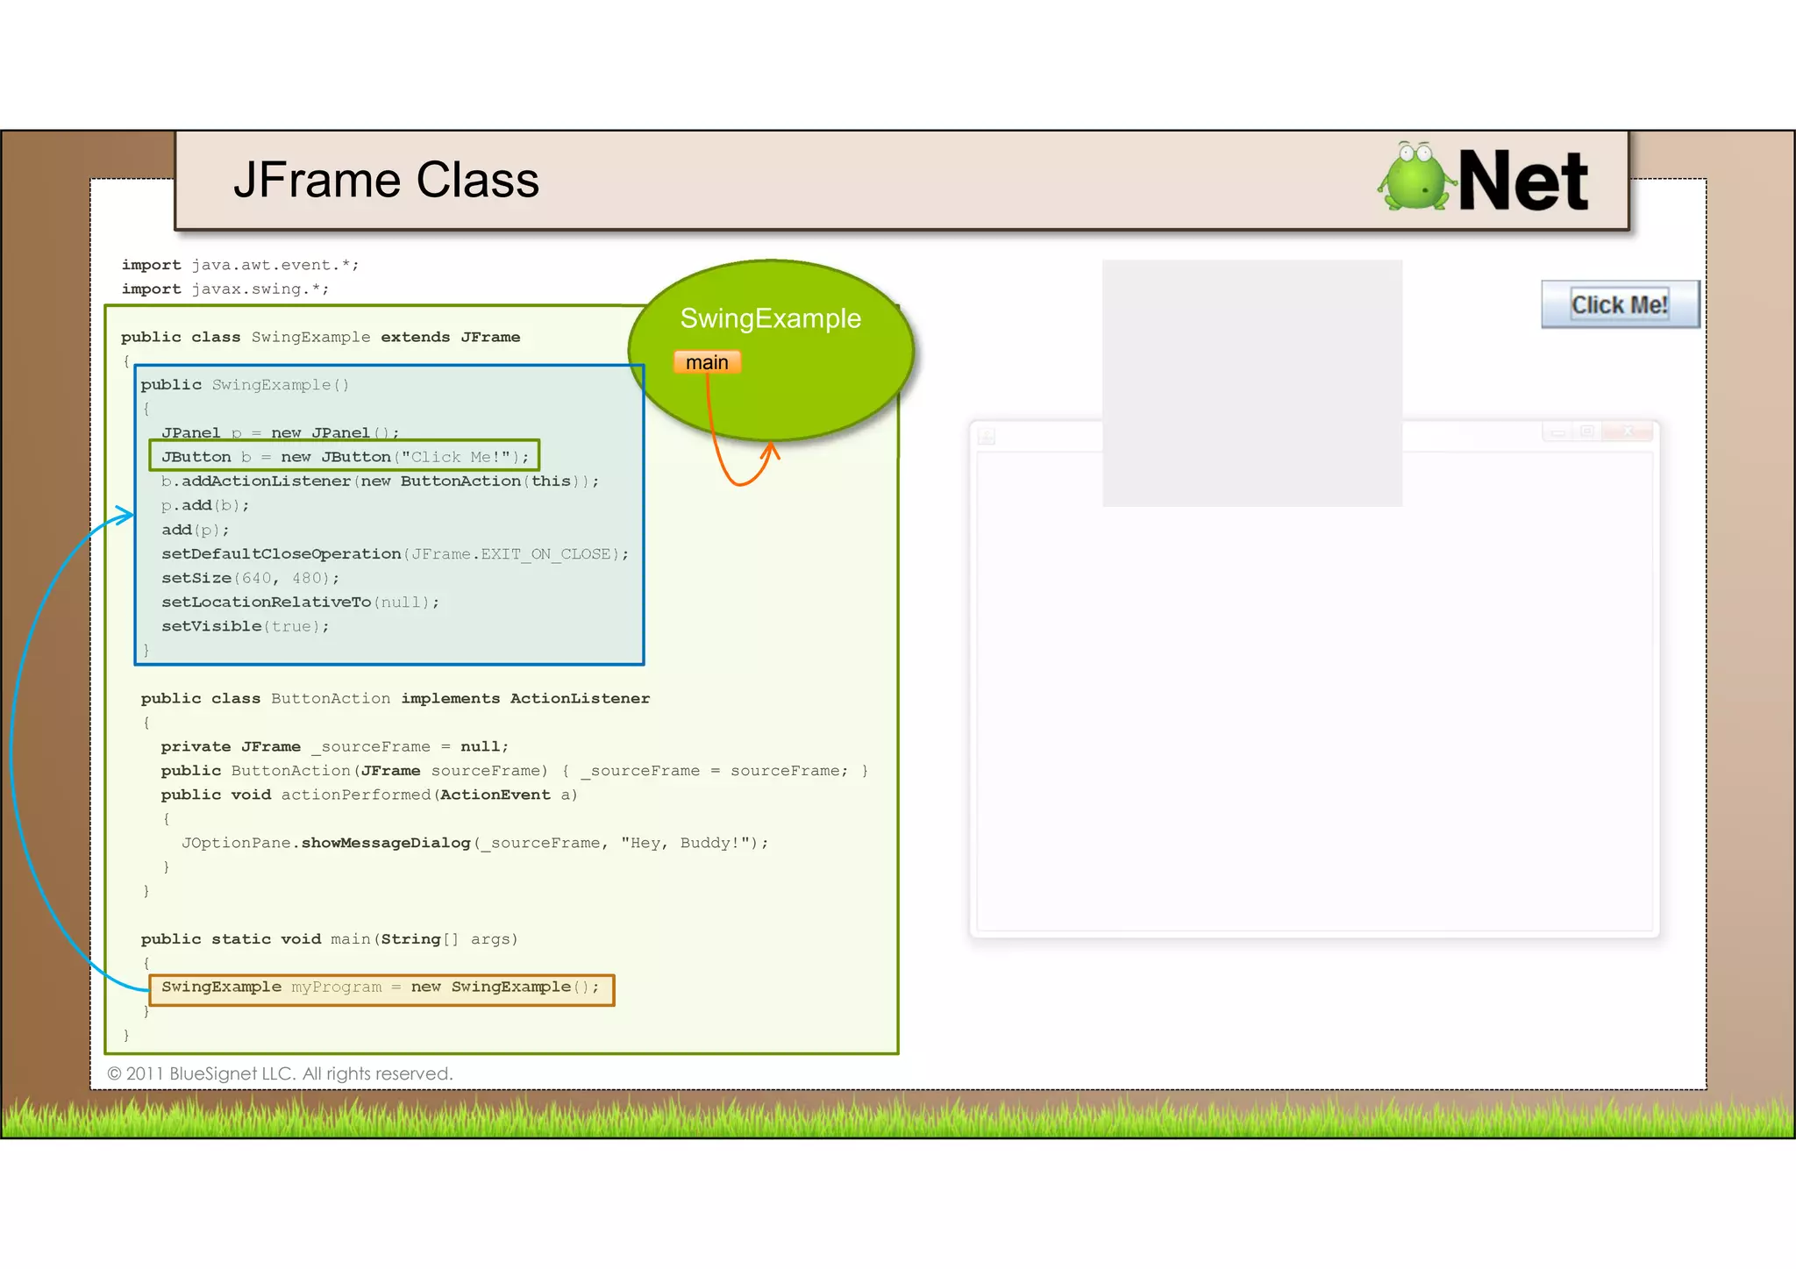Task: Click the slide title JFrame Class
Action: tap(386, 181)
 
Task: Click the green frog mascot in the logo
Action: tap(1413, 178)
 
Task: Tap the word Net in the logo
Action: tap(1522, 182)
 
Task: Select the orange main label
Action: tap(707, 362)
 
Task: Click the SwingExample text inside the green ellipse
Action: tap(770, 318)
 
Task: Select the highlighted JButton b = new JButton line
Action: tap(345, 457)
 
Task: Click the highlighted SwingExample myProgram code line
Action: tap(381, 988)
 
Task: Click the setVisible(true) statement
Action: tap(245, 626)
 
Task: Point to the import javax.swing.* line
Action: tap(225, 289)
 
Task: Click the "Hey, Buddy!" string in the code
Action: tap(688, 843)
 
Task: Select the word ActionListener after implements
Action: tap(580, 698)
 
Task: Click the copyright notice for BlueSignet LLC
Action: tap(280, 1073)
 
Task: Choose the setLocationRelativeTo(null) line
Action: tap(300, 602)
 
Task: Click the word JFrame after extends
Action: tap(490, 337)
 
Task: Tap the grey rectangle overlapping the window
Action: tap(1251, 382)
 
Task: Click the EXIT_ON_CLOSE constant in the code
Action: tap(545, 554)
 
